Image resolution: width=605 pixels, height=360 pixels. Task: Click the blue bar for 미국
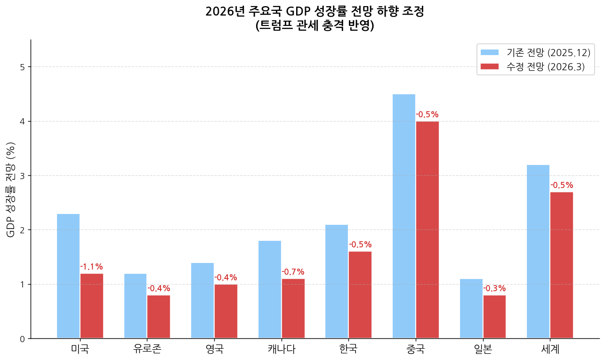coord(68,276)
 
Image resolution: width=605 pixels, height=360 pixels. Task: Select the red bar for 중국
coord(427,230)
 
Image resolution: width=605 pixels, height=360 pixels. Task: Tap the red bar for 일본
coord(494,317)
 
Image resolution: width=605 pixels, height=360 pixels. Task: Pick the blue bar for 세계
coord(538,252)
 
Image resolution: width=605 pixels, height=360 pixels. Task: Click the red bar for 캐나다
coord(293,309)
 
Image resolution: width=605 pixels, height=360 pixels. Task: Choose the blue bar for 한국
coord(337,281)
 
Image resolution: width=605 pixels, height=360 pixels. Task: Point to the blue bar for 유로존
coord(136,306)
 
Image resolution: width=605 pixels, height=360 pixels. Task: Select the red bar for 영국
coord(226,311)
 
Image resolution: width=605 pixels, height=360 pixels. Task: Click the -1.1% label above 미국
coord(91,267)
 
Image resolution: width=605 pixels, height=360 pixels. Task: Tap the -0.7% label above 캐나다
coord(293,272)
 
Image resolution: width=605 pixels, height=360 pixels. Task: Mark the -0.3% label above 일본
coord(494,288)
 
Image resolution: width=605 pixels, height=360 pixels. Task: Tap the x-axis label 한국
coord(348,350)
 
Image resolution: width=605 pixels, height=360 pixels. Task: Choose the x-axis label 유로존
coord(147,350)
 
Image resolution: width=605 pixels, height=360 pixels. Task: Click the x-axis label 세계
coord(550,350)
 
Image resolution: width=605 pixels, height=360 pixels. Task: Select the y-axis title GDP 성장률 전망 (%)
coord(10,189)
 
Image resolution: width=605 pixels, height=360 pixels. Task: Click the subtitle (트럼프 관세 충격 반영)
coord(315,26)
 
